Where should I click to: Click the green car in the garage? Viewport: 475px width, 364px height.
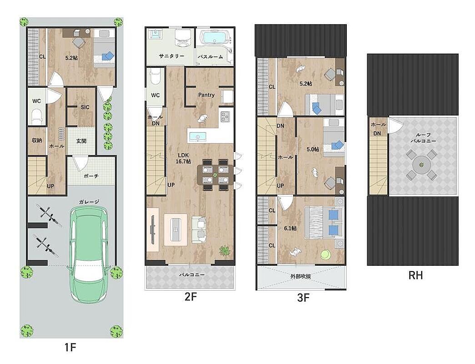[89, 254]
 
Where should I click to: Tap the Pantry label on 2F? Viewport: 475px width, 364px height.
[206, 95]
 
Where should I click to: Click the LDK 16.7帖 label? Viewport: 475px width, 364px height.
[183, 158]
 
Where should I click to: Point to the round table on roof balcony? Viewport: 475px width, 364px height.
[421, 165]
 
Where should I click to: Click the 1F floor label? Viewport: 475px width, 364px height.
[70, 347]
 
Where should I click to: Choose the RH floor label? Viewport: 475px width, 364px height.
[415, 275]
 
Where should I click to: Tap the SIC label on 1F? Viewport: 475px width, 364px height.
[85, 107]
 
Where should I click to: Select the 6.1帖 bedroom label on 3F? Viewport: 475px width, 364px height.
[290, 228]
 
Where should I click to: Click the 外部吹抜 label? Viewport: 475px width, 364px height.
[300, 276]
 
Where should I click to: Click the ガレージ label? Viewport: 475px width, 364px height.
[89, 202]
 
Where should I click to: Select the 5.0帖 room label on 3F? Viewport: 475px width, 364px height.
[312, 149]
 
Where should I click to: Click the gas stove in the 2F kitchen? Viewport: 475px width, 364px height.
[225, 116]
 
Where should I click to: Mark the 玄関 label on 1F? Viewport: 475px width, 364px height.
[81, 141]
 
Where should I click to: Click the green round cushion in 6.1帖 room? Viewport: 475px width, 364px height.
[326, 254]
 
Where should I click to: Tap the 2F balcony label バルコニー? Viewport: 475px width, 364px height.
[191, 275]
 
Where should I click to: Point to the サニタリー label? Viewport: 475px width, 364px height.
[171, 56]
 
